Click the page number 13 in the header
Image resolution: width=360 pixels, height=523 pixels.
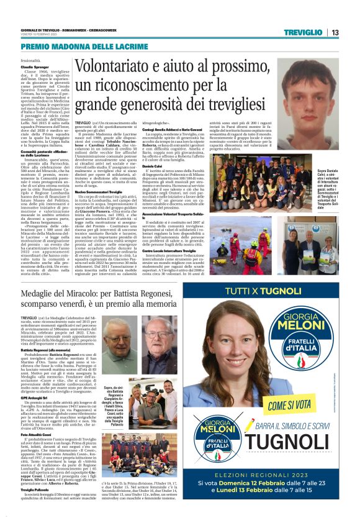point(335,33)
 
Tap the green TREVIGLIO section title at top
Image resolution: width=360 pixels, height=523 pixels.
point(302,33)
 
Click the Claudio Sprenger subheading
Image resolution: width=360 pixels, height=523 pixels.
point(35,65)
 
